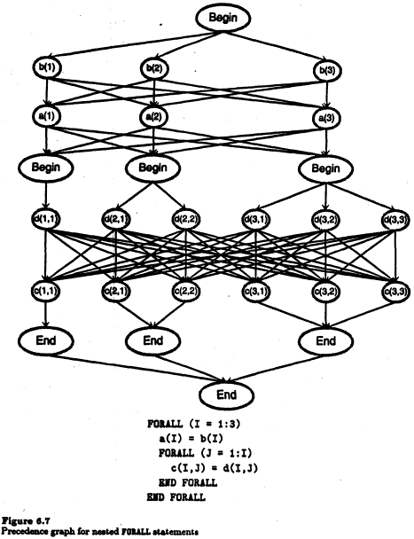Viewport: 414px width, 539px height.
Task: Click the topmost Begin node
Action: [223, 19]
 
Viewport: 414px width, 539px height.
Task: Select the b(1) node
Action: [46, 67]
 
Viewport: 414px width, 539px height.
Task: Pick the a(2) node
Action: [153, 117]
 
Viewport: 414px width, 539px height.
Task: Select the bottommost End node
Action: [227, 394]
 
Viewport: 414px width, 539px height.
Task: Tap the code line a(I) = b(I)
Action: [191, 439]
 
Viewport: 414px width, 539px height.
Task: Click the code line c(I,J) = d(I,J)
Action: [214, 468]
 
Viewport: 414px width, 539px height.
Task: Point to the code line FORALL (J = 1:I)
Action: [205, 453]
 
